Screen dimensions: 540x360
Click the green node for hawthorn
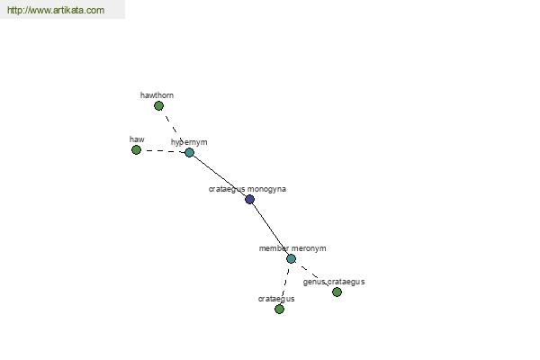(x=158, y=106)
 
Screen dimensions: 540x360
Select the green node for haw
(x=137, y=150)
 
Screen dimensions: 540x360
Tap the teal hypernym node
(x=189, y=152)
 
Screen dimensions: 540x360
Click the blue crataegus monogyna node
(x=249, y=199)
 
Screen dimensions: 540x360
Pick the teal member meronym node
(x=291, y=258)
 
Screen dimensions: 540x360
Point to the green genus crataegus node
(x=337, y=292)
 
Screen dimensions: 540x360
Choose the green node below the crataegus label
(x=279, y=309)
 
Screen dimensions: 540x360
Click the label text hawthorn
(x=157, y=95)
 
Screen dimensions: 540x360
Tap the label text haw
(x=137, y=139)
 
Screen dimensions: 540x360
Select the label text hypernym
(x=189, y=142)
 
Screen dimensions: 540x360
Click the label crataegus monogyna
(x=247, y=189)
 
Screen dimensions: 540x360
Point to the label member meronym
(x=292, y=248)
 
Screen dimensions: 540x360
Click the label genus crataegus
(x=334, y=282)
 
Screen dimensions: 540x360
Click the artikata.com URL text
(x=56, y=10)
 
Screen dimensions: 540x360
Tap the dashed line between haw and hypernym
(x=163, y=151)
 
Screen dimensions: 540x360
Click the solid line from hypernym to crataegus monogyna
(x=220, y=175)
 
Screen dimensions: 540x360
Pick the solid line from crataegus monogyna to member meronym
(x=271, y=228)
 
